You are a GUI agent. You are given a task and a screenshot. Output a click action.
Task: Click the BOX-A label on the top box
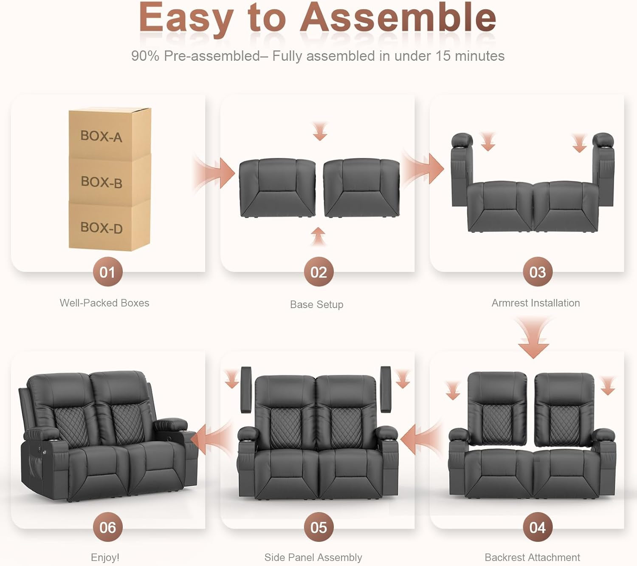click(101, 136)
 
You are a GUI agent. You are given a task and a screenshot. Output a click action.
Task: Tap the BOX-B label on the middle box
click(101, 182)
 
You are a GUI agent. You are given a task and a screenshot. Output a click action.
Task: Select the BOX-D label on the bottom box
click(101, 228)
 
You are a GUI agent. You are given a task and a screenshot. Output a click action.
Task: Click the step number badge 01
click(107, 272)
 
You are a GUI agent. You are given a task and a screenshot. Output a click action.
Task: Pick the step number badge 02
click(318, 272)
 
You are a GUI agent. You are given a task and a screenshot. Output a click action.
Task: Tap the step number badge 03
click(537, 272)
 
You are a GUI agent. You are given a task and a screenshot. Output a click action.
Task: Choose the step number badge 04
click(537, 527)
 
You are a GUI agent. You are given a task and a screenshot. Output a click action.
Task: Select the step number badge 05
click(318, 527)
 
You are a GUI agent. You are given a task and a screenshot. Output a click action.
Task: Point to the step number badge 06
click(107, 527)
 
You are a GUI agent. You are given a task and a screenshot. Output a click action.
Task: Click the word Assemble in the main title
click(398, 18)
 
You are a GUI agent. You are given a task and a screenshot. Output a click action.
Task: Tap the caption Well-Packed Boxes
click(104, 303)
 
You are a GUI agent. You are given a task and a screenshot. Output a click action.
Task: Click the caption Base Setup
click(316, 304)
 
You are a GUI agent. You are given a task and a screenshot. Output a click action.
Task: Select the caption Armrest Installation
click(536, 303)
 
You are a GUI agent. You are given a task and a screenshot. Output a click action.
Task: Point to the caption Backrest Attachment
click(532, 557)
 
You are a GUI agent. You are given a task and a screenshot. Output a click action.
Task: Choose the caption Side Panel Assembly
click(313, 557)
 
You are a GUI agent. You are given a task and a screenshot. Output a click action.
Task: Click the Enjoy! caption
click(105, 557)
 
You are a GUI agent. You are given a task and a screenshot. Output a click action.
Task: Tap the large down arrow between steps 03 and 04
click(533, 338)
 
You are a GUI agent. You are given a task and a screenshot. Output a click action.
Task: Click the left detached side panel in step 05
click(246, 390)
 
